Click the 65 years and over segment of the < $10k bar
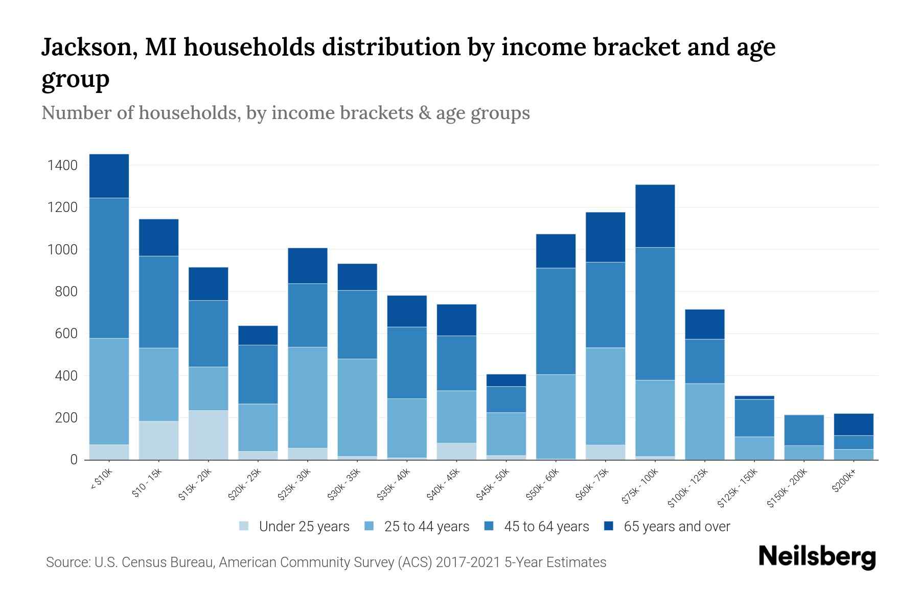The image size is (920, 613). click(109, 176)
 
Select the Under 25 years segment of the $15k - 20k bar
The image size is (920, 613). click(208, 435)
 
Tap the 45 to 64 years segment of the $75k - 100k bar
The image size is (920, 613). click(655, 314)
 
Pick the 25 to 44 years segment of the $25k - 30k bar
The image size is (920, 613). click(308, 397)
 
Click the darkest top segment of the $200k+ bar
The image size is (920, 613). click(854, 424)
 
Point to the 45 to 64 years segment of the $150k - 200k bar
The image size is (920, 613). click(804, 430)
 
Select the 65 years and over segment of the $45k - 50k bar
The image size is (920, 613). click(506, 380)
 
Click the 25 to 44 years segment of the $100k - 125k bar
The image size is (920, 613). click(704, 421)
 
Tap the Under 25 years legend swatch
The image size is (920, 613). click(244, 526)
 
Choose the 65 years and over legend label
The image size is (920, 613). click(677, 527)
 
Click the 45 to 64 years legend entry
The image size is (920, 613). click(537, 527)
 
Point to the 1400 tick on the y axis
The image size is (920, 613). click(62, 166)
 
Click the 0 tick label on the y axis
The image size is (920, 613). click(74, 460)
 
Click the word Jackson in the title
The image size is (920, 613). click(88, 47)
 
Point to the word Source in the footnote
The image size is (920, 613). click(67, 562)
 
